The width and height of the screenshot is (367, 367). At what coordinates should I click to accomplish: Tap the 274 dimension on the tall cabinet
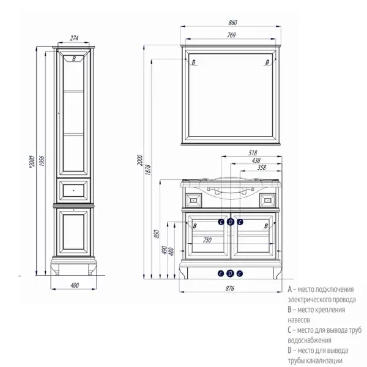click(x=75, y=38)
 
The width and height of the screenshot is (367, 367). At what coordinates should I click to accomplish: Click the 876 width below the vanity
click(x=231, y=287)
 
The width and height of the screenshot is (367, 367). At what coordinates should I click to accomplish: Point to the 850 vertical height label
click(x=156, y=235)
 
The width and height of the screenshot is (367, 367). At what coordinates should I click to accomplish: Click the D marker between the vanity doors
click(x=230, y=222)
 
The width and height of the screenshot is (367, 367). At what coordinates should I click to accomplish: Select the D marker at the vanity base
click(x=230, y=273)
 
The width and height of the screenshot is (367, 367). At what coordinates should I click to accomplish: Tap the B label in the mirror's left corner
click(x=194, y=62)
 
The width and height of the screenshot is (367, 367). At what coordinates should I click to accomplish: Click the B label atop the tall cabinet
click(x=74, y=59)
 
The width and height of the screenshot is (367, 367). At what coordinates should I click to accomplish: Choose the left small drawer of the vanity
click(x=194, y=199)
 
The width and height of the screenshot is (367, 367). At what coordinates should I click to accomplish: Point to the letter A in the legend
click(x=289, y=287)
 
